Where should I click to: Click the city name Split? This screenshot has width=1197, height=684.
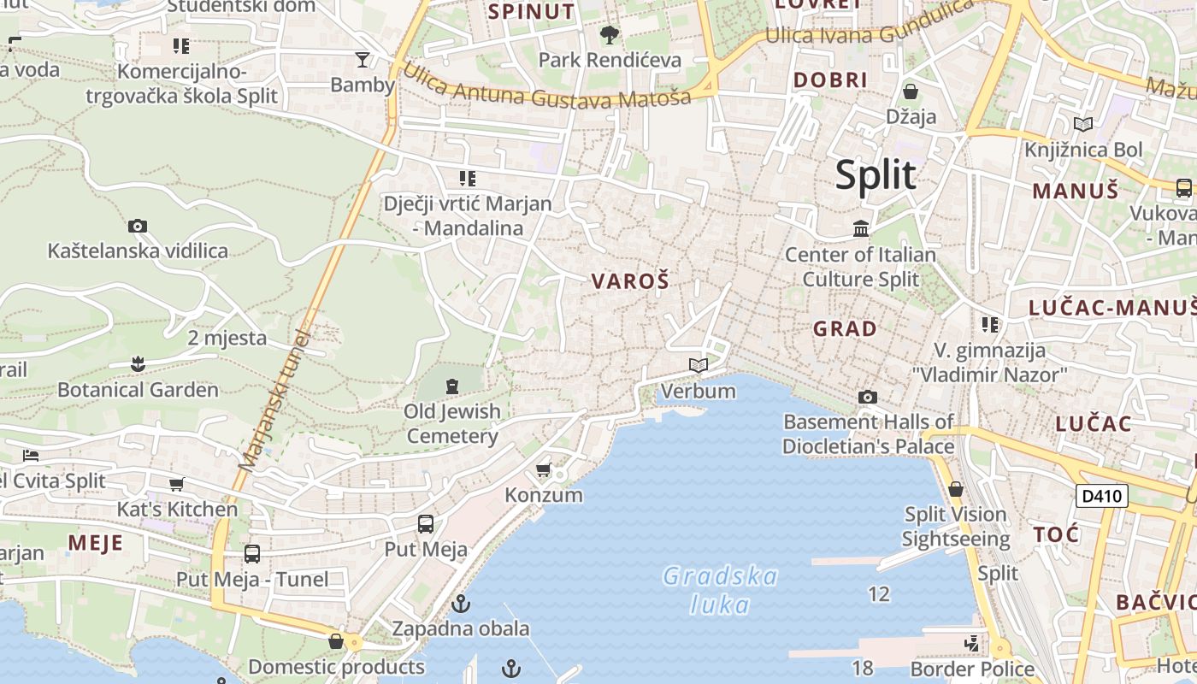[876, 175]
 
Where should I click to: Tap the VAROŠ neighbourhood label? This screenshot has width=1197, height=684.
[629, 281]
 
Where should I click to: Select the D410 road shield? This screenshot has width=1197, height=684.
[1101, 496]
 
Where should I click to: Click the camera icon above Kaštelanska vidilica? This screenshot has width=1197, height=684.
[138, 227]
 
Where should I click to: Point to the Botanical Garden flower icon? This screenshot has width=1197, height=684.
[138, 365]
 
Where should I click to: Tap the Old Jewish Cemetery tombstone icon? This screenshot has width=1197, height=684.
[452, 386]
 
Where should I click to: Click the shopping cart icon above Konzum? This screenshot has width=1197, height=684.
[543, 470]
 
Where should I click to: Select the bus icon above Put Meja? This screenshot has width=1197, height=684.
[426, 524]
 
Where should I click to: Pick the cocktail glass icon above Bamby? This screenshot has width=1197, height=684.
[363, 60]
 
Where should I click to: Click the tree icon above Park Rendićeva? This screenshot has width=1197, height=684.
[609, 35]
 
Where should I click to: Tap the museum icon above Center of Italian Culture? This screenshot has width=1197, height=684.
[861, 229]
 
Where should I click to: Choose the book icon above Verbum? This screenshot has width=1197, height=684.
[699, 366]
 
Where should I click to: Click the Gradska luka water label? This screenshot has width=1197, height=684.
[721, 590]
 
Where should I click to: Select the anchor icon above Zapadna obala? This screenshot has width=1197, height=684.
[461, 604]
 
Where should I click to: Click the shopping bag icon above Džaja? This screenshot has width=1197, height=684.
[911, 91]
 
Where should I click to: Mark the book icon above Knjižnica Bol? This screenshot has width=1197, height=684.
[1083, 125]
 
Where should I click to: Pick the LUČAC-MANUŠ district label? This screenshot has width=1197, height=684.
[1111, 308]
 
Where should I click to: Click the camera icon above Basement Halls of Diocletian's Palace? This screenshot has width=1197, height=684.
[868, 397]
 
